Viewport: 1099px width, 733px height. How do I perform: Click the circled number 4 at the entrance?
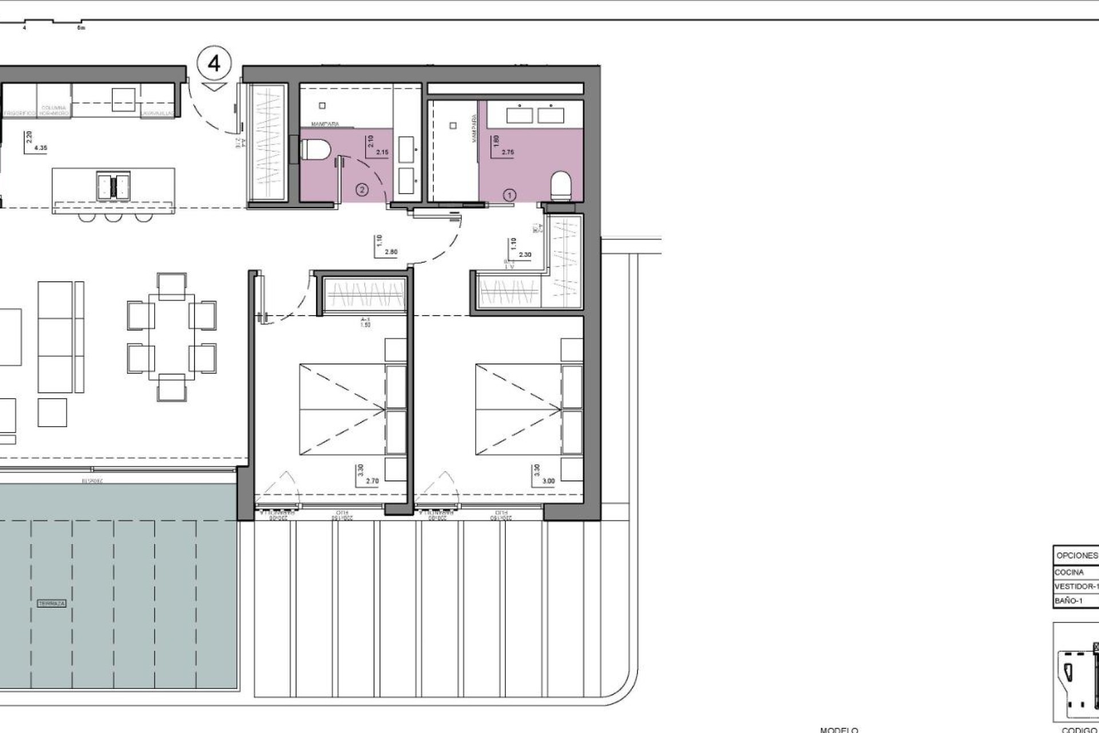214,63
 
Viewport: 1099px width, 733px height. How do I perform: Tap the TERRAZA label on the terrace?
52,604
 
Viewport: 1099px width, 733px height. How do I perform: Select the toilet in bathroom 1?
561,187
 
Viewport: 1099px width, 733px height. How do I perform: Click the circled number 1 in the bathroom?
509,195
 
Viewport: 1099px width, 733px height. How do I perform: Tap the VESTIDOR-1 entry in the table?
1075,586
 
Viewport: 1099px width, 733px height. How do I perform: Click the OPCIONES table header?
1076,555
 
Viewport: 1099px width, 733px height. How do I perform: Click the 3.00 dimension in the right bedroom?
548,482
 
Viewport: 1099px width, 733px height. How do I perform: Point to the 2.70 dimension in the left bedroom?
371,482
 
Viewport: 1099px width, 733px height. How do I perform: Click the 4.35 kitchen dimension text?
41,148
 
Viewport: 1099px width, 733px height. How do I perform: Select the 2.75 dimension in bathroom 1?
508,153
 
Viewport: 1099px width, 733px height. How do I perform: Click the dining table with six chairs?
171,336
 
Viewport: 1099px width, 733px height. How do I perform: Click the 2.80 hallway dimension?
391,252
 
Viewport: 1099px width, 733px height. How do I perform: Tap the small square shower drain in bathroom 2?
323,105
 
